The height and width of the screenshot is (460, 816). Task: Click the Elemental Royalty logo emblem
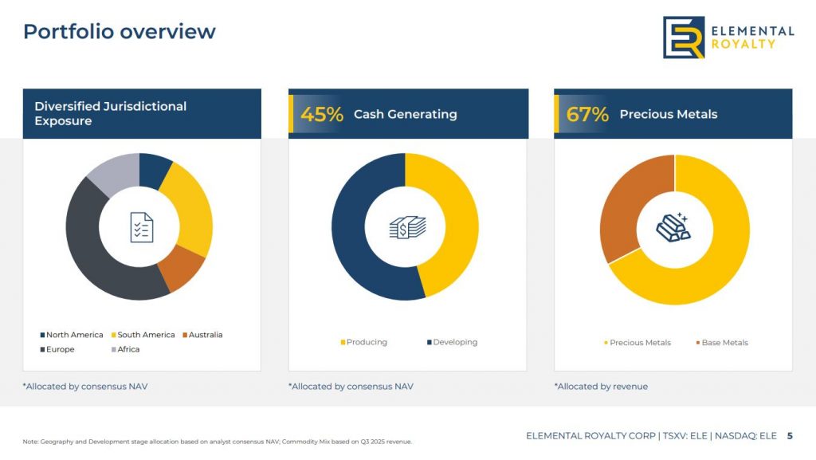point(684,37)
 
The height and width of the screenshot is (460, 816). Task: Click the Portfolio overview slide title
point(120,31)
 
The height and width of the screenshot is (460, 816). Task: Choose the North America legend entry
point(72,335)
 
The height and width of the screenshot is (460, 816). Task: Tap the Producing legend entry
point(364,342)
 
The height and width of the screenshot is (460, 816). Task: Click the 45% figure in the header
point(321,114)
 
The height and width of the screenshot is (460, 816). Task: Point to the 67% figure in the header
point(587,114)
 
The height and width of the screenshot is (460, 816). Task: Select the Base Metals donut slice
point(626,207)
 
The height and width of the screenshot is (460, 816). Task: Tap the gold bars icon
point(673,227)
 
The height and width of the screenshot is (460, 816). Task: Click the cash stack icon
point(407,227)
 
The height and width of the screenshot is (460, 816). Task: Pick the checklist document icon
point(142,227)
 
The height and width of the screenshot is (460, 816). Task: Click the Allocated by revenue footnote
point(601,387)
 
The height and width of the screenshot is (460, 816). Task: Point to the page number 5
point(790,436)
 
